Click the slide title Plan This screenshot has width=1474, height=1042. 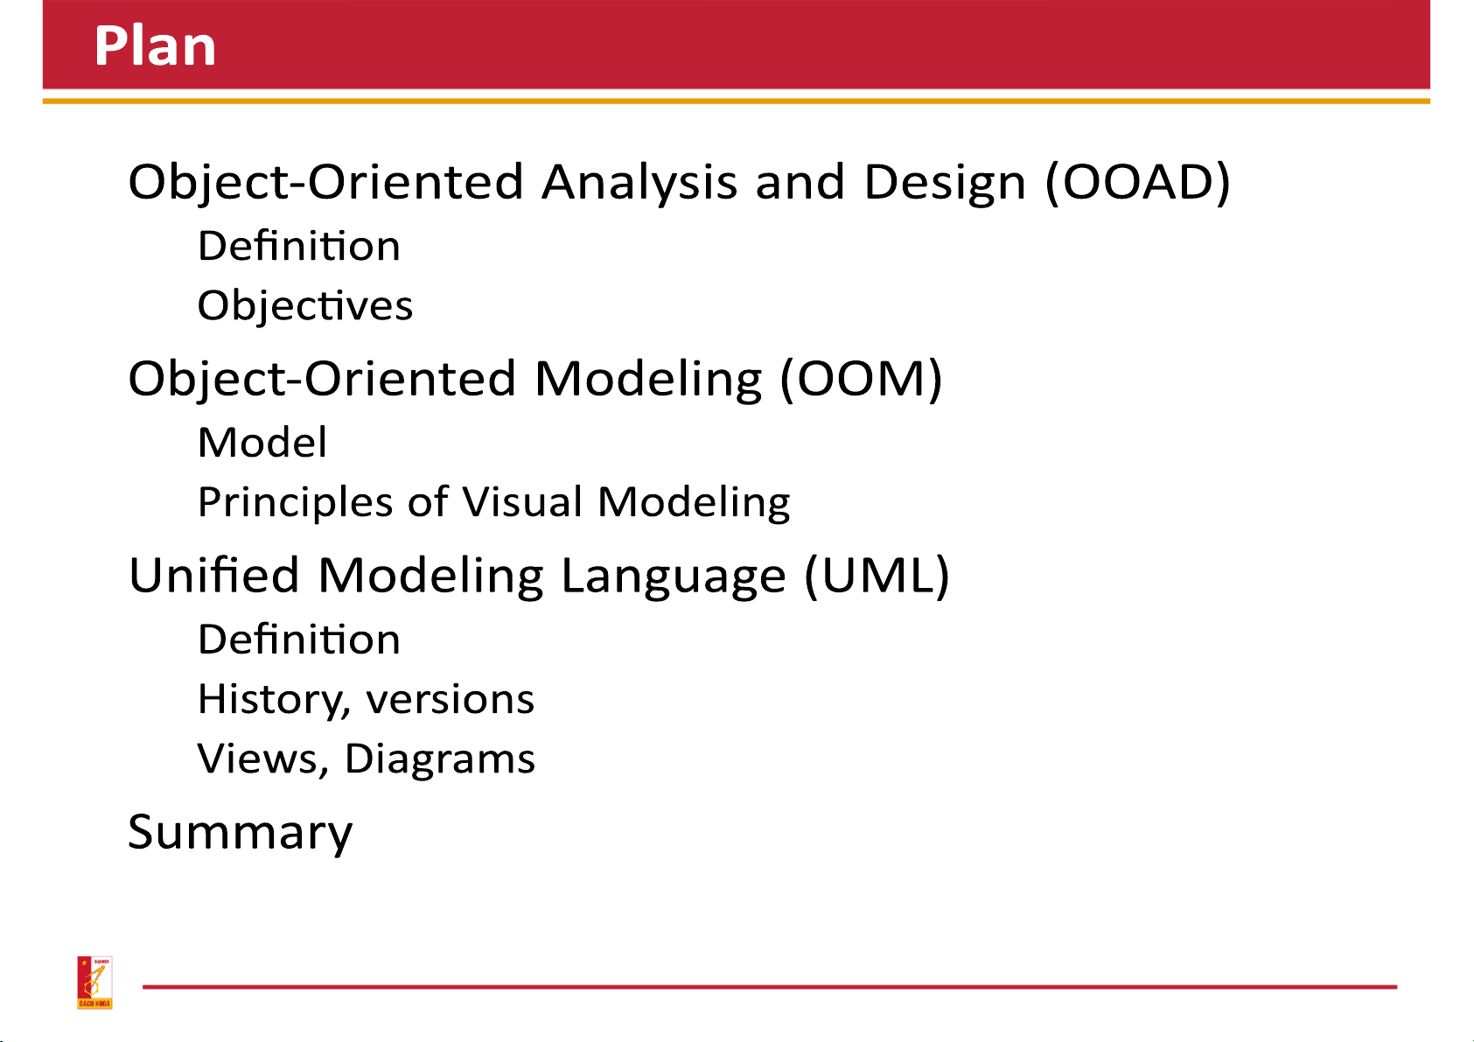pos(156,45)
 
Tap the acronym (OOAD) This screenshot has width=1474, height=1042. pos(1138,182)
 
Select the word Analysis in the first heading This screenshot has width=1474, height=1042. pos(639,183)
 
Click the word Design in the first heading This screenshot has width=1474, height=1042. pos(945,183)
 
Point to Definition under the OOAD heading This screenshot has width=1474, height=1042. pos(299,246)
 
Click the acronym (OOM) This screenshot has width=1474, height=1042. pos(862,379)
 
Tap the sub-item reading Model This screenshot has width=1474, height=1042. pos(262,443)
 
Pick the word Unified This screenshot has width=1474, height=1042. pos(214,575)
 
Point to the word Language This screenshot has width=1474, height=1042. pos(674,577)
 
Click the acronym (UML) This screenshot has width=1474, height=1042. pos(877,576)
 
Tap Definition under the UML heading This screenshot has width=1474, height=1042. pos(299,640)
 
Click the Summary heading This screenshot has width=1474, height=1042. pos(241,833)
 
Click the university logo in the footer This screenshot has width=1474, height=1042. pos(94,983)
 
